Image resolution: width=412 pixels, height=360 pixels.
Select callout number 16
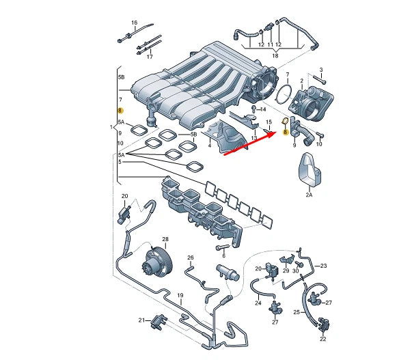point(134,23)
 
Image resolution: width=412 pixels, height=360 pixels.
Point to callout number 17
point(150,57)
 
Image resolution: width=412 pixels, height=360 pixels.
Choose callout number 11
point(270,44)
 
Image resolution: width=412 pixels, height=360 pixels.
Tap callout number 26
point(191,258)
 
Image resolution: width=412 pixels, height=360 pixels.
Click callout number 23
point(324,266)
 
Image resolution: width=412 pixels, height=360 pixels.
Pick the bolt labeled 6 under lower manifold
point(222,247)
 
